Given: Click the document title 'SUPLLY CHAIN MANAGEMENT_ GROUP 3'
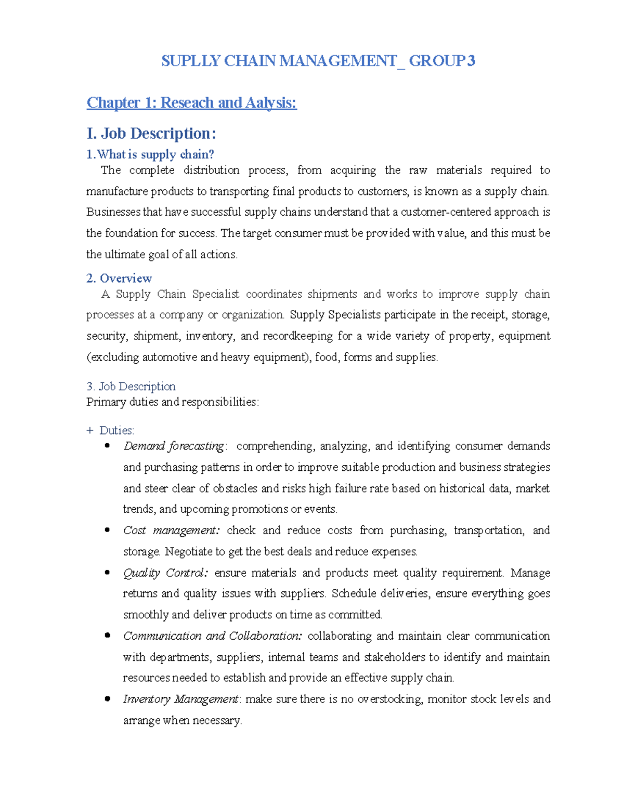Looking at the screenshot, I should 318,61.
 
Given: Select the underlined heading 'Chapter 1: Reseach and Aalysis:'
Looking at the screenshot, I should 191,102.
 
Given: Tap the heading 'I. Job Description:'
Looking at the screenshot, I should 151,134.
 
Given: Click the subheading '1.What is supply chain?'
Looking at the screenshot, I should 150,154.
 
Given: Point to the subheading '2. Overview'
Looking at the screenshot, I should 119,278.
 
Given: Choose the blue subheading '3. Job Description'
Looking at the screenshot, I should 131,386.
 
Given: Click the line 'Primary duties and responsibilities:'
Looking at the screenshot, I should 172,402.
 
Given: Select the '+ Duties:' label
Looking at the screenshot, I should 110,430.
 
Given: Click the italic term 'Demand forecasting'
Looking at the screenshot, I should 174,446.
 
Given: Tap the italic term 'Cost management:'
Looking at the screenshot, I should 172,530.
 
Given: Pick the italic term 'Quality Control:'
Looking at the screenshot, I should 165,573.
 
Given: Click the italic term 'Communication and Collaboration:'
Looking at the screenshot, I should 212,636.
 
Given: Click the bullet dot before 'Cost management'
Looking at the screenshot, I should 107,530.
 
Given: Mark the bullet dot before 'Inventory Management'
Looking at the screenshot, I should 107,699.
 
